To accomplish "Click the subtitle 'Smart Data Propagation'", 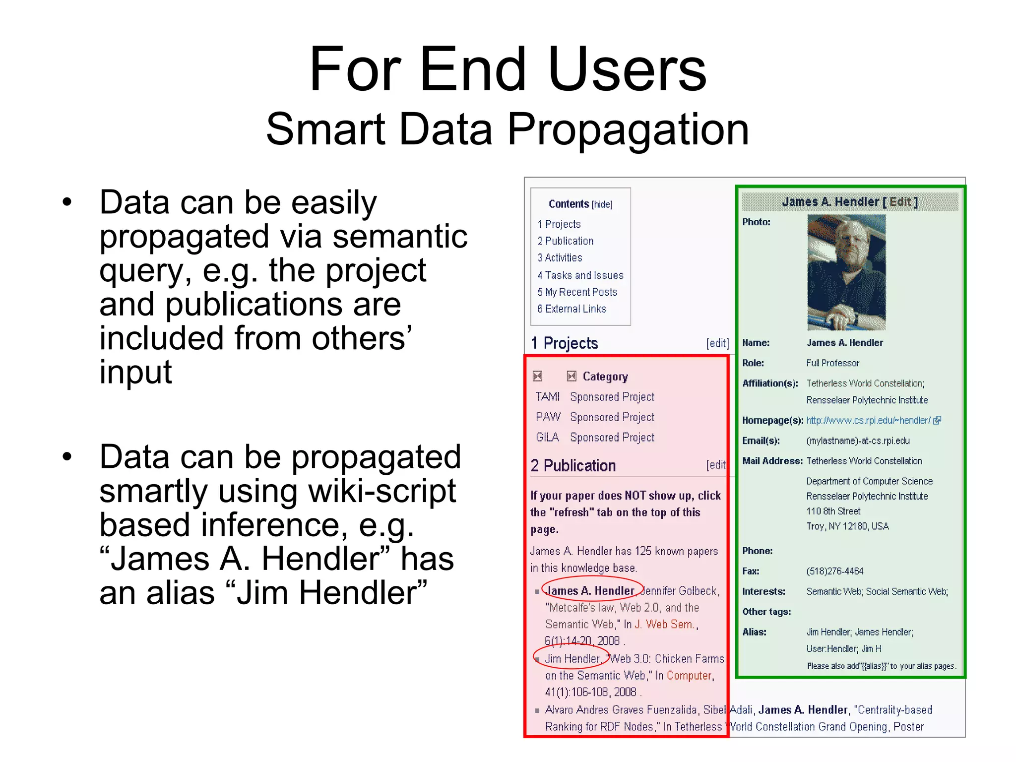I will pyautogui.click(x=508, y=129).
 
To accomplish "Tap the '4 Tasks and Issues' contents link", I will pyautogui.click(x=580, y=275).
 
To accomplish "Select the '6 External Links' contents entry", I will pyautogui.click(x=572, y=309).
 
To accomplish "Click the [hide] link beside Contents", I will pyautogui.click(x=602, y=204).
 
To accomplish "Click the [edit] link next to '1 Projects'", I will pyautogui.click(x=717, y=343).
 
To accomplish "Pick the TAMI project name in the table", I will pyautogui.click(x=547, y=397).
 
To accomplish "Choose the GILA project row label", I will pyautogui.click(x=547, y=438).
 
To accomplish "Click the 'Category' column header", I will pyautogui.click(x=605, y=377).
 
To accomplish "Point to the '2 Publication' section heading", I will pyautogui.click(x=573, y=466).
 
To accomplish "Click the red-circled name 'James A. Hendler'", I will pyautogui.click(x=590, y=591).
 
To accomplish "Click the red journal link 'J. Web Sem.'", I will pyautogui.click(x=665, y=625).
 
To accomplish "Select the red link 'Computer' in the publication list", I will pyautogui.click(x=689, y=676).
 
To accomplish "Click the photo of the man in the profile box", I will pyautogui.click(x=846, y=272).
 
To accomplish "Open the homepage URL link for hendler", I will pyautogui.click(x=868, y=421).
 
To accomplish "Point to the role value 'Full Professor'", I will pyautogui.click(x=832, y=363).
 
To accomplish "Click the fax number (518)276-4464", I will pyautogui.click(x=834, y=571).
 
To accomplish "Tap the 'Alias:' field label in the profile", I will pyautogui.click(x=754, y=632).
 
